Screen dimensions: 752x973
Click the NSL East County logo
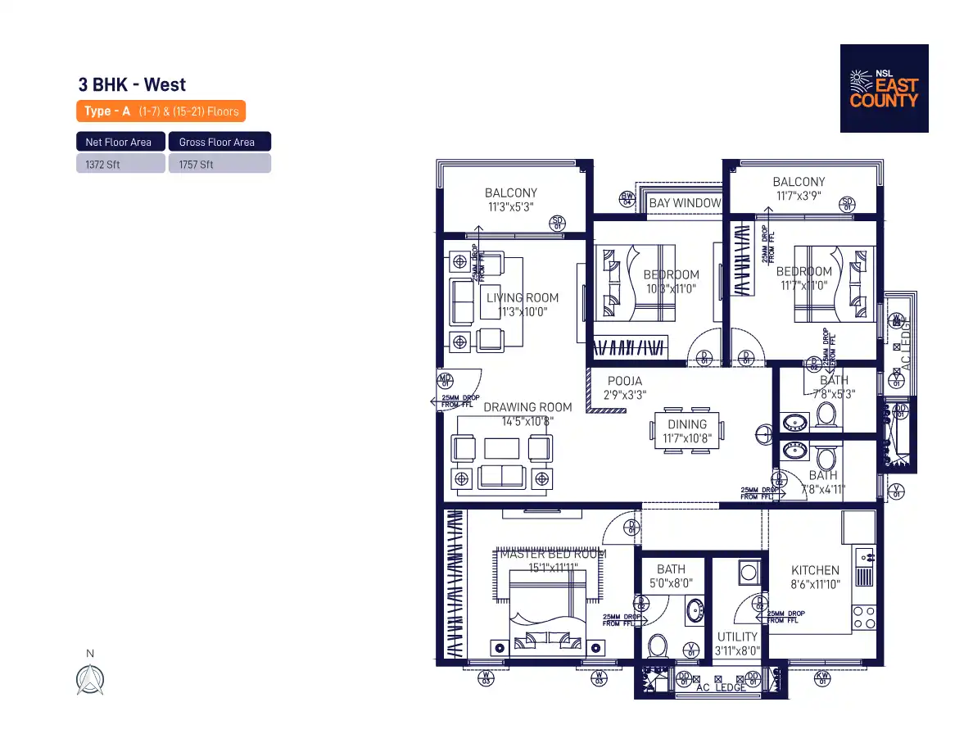(884, 88)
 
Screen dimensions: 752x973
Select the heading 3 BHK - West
(132, 84)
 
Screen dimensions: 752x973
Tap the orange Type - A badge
(161, 111)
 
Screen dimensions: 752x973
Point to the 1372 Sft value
(102, 164)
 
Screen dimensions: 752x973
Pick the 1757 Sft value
(196, 164)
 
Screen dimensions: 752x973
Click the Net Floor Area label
(119, 142)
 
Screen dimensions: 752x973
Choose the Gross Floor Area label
(217, 142)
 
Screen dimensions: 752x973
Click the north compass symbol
(90, 679)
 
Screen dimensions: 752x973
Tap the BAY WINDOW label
(685, 203)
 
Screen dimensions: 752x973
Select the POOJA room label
(625, 381)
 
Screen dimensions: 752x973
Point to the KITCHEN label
(815, 570)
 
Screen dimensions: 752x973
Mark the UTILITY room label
(738, 636)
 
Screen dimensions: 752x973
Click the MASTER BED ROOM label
(554, 554)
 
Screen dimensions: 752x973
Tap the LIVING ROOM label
(523, 298)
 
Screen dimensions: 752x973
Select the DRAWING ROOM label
(527, 407)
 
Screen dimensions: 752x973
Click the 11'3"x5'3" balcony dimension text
(510, 207)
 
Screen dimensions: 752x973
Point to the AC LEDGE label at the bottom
(721, 687)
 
